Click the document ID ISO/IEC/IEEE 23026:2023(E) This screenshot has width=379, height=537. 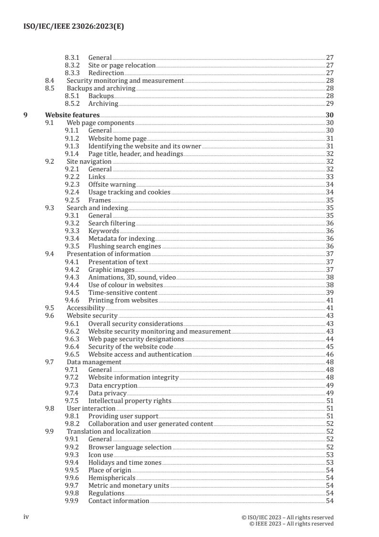[73, 27]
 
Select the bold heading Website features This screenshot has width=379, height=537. [72, 115]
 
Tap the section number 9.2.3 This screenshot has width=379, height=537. [72, 185]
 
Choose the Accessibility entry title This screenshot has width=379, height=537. [86, 308]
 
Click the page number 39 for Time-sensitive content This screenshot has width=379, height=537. [329, 292]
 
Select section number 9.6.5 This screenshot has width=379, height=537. [72, 355]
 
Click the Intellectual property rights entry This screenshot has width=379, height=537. [130, 401]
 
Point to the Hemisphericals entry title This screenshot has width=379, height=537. [112, 478]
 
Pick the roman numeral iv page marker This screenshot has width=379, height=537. [27, 517]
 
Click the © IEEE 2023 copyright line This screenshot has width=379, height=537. [292, 524]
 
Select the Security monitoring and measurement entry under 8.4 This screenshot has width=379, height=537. [125, 81]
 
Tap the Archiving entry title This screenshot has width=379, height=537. [103, 104]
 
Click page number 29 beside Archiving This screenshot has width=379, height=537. [329, 104]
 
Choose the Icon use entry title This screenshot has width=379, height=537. [101, 455]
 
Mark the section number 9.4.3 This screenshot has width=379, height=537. [72, 277]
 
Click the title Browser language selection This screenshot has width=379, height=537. [130, 447]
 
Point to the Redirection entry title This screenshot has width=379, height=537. [106, 73]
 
